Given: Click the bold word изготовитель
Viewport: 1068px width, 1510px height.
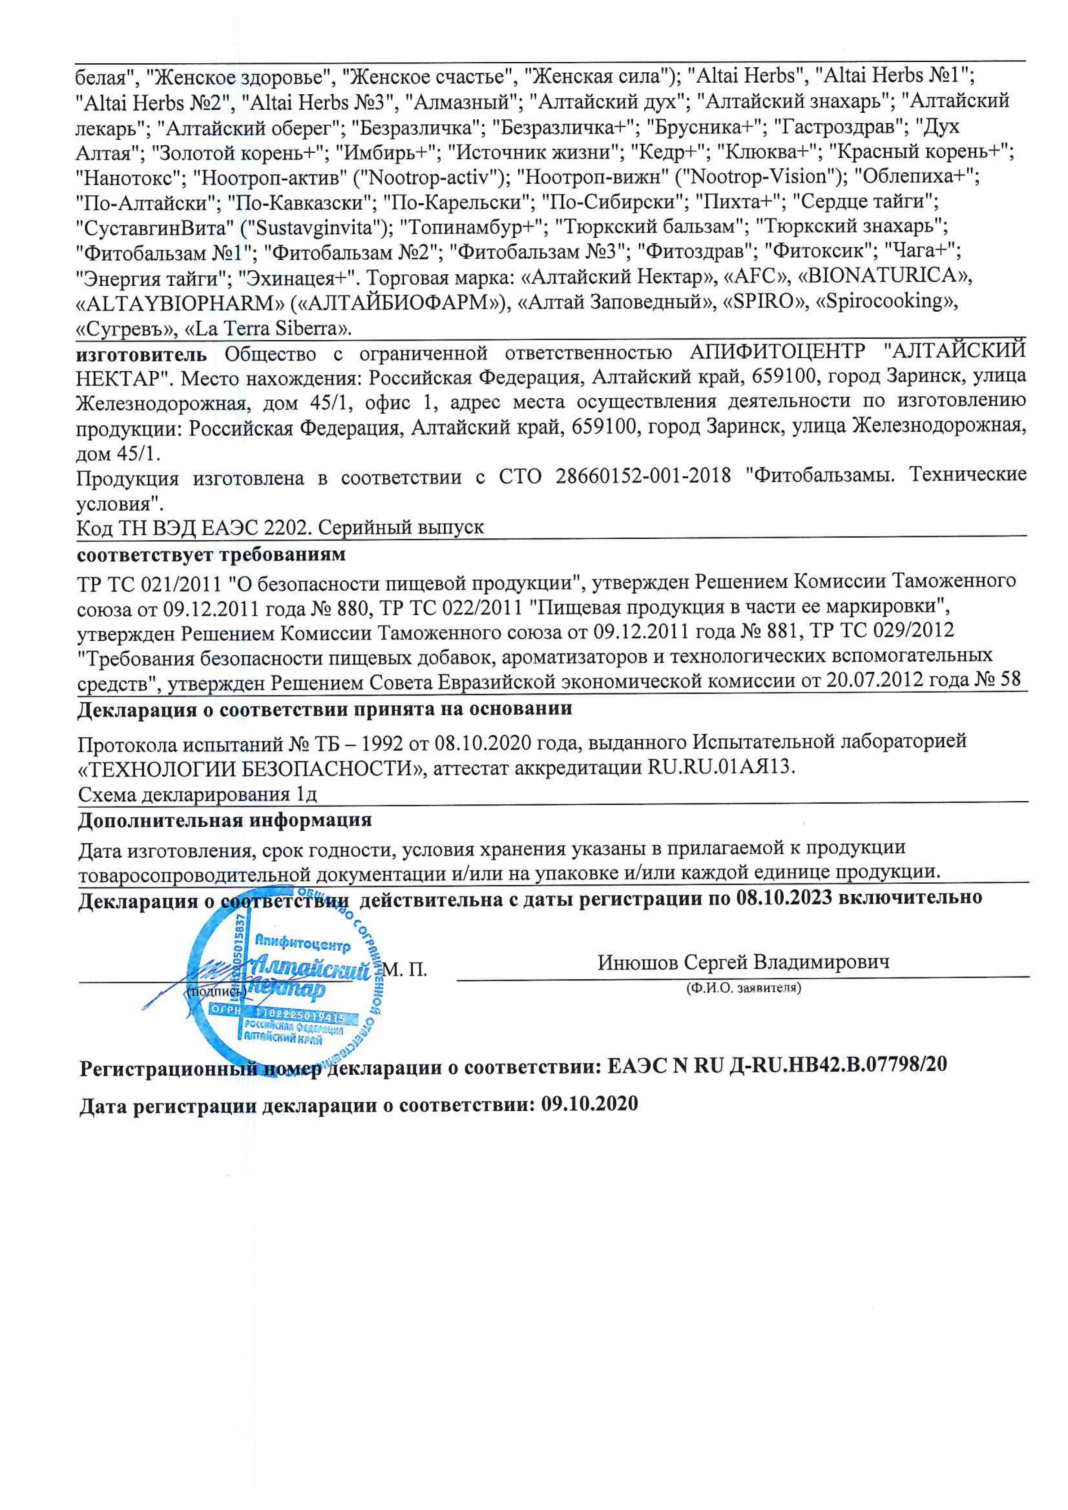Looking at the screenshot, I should click(141, 354).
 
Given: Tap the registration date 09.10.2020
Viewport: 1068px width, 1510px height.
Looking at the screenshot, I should click(589, 1104).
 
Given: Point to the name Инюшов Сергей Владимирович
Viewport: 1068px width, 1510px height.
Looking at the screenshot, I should click(743, 962).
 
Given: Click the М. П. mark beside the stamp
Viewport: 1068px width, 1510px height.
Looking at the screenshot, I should click(405, 969).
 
